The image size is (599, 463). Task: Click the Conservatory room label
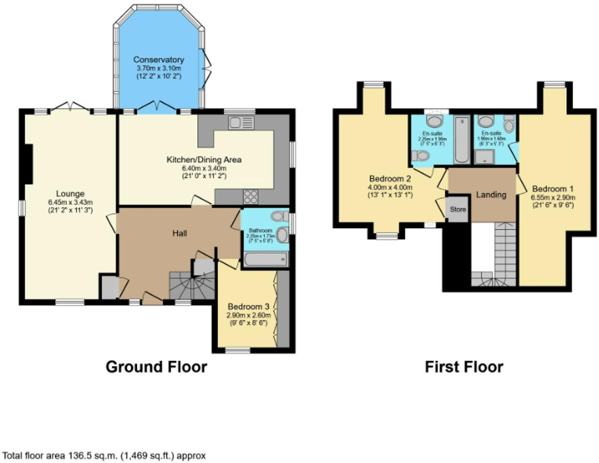160,59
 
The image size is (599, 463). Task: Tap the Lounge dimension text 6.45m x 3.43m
71,202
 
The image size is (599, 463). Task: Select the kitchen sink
241,122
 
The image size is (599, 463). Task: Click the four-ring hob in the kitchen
250,196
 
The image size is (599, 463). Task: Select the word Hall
179,234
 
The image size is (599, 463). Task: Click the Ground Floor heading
156,367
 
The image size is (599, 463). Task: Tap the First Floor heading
463,367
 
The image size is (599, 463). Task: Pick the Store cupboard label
458,210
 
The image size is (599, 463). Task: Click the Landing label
491,195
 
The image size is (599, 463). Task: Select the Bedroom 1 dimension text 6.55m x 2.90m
553,197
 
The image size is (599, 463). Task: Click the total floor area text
103,456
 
